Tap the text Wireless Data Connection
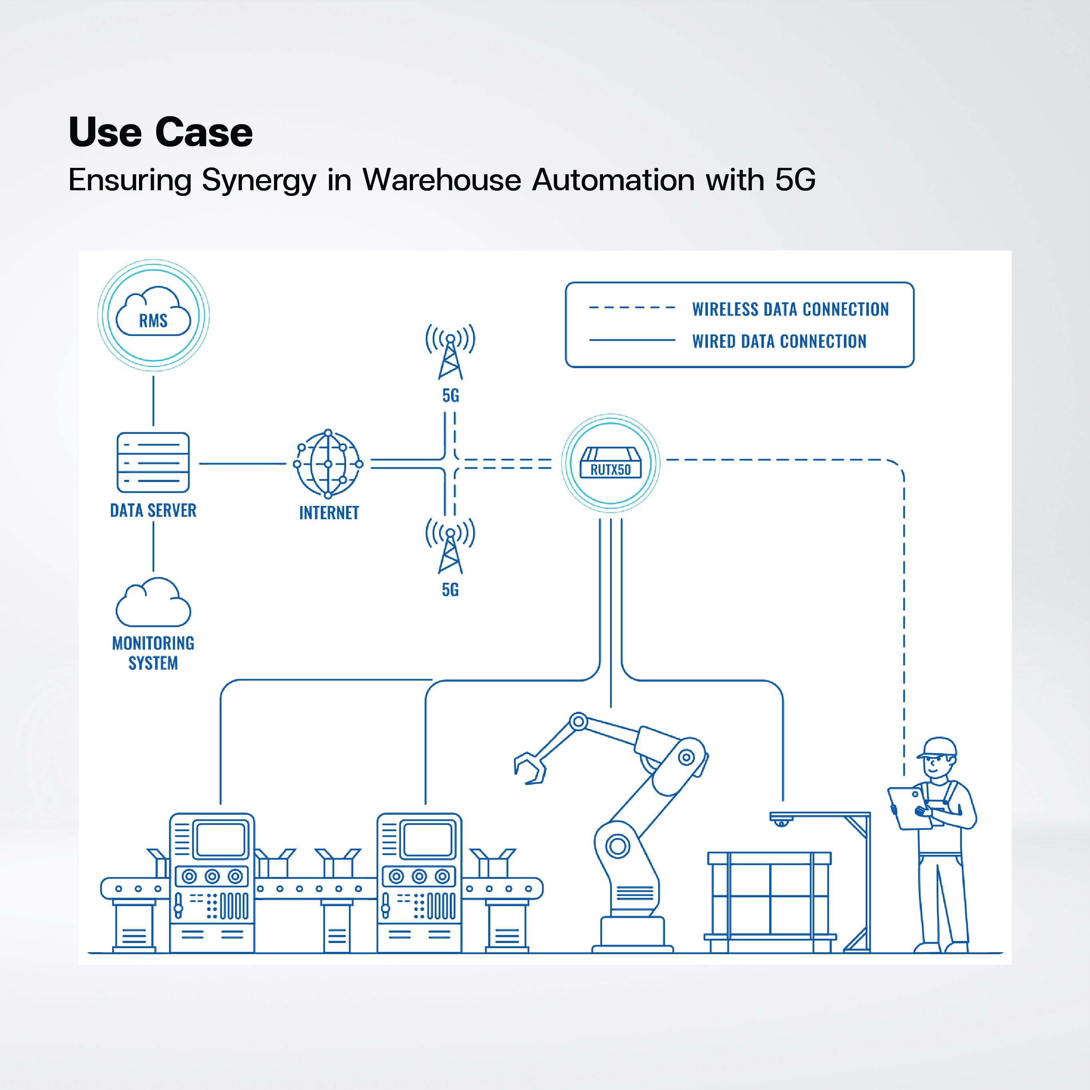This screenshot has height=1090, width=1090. point(790,309)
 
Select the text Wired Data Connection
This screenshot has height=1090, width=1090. point(779,341)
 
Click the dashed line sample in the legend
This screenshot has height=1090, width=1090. point(632,308)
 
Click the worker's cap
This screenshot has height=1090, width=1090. point(938,747)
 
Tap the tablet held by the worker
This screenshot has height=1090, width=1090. point(909,808)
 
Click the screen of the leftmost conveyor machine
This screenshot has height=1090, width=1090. point(221,839)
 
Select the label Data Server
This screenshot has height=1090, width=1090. point(153,511)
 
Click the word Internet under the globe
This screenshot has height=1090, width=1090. point(329,513)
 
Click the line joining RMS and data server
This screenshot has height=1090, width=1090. point(153,401)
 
